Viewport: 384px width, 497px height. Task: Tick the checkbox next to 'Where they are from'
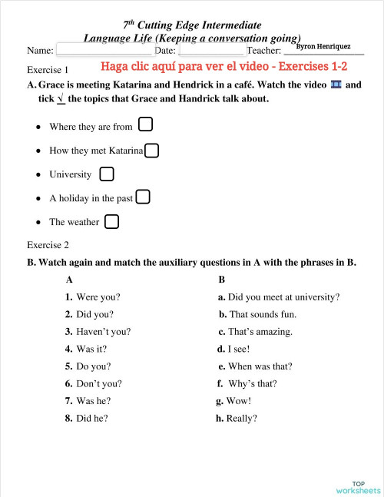tap(145, 124)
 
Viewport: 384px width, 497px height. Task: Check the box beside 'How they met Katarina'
tap(152, 150)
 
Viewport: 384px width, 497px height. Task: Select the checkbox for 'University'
tap(107, 174)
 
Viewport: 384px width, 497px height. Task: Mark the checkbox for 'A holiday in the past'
tap(143, 197)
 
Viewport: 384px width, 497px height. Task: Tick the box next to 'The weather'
tap(111, 221)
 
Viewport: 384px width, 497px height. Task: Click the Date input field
tap(211, 51)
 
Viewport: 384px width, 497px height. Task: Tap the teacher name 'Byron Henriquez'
tap(323, 47)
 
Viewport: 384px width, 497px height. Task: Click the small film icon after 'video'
tap(335, 84)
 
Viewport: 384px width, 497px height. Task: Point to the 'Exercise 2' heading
tap(48, 245)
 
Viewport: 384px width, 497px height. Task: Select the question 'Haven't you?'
tap(103, 332)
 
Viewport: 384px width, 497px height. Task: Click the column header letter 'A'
tap(70, 280)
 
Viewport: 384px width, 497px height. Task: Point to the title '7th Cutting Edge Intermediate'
tap(192, 25)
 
